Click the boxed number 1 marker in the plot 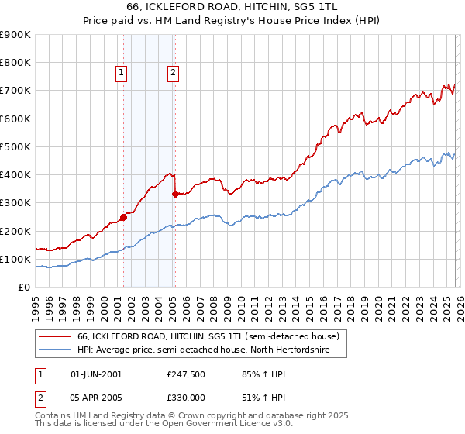(122, 74)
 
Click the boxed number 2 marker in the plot (172, 74)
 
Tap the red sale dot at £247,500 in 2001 (123, 217)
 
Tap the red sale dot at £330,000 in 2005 (175, 195)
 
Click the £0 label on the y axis (24, 287)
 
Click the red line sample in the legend (55, 337)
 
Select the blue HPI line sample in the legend (55, 350)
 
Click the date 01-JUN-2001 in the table (96, 374)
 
